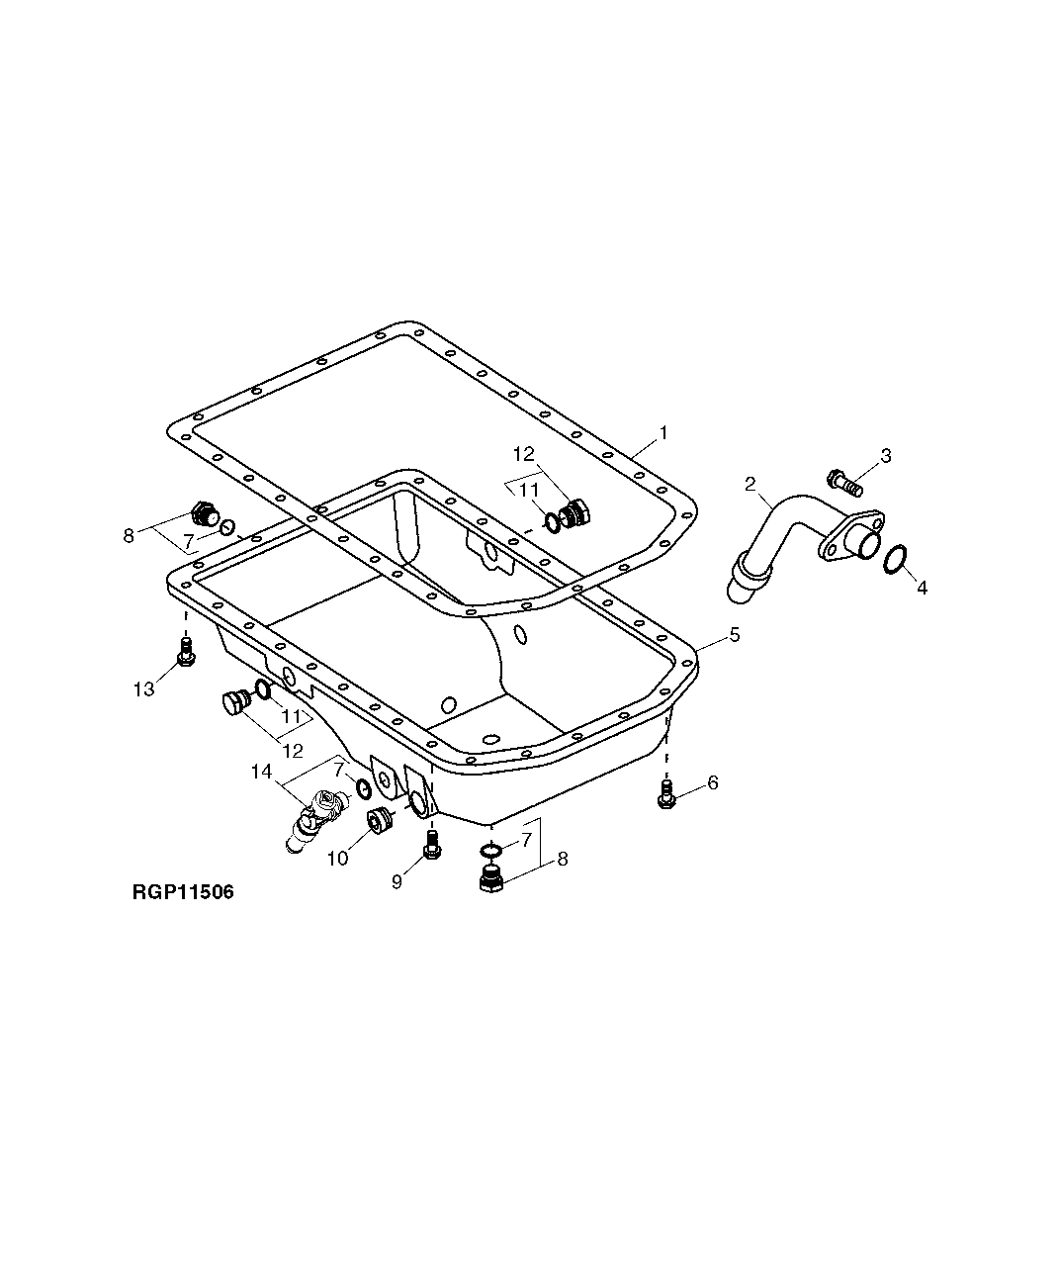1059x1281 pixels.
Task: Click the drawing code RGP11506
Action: (x=183, y=893)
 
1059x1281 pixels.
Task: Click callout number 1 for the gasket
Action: (x=664, y=433)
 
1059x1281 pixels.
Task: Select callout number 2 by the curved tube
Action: (x=750, y=484)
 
